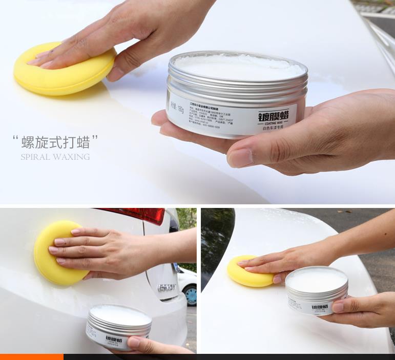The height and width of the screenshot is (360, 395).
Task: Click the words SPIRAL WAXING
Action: [55, 157]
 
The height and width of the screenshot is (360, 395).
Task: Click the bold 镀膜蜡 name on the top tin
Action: [274, 117]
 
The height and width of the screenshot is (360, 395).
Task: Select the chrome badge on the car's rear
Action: [167, 288]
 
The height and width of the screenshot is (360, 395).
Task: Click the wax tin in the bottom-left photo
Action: [119, 326]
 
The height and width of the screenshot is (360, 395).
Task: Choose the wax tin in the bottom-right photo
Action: [316, 289]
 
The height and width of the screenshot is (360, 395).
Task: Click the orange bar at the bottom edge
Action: [31, 356]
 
